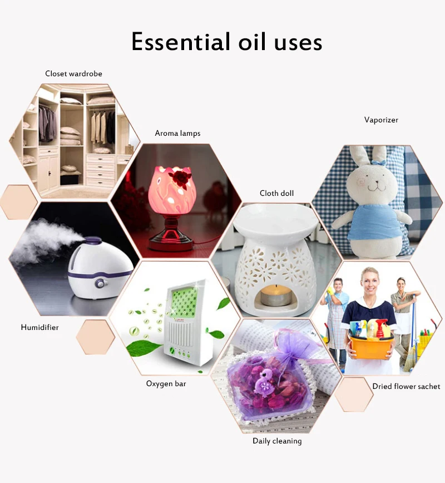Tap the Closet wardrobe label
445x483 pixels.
tap(73, 73)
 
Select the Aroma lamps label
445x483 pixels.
tap(177, 134)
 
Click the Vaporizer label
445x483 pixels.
tap(381, 120)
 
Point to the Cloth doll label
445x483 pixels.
tap(276, 194)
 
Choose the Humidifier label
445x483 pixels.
tap(39, 327)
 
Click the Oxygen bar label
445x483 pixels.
tap(166, 383)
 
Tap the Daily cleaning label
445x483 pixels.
tap(277, 441)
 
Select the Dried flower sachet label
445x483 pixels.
tap(406, 386)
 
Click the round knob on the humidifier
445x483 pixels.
tap(100, 283)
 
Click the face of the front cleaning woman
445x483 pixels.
tap(368, 279)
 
